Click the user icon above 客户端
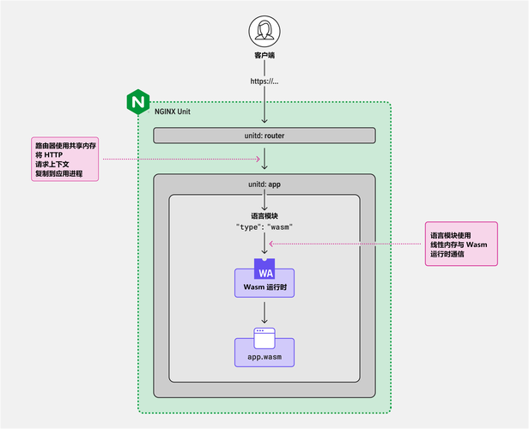point(264,33)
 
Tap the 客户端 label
point(264,58)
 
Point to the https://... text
point(264,82)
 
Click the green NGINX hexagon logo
point(137,101)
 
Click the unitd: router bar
point(264,136)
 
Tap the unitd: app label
point(264,184)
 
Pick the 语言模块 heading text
point(264,215)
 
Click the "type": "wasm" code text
point(264,228)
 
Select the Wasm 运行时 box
point(264,286)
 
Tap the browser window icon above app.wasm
point(264,335)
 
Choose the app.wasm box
point(264,355)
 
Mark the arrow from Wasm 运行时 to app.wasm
point(264,311)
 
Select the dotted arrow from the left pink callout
point(180,159)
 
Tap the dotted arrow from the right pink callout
point(344,244)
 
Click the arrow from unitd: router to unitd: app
point(264,159)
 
